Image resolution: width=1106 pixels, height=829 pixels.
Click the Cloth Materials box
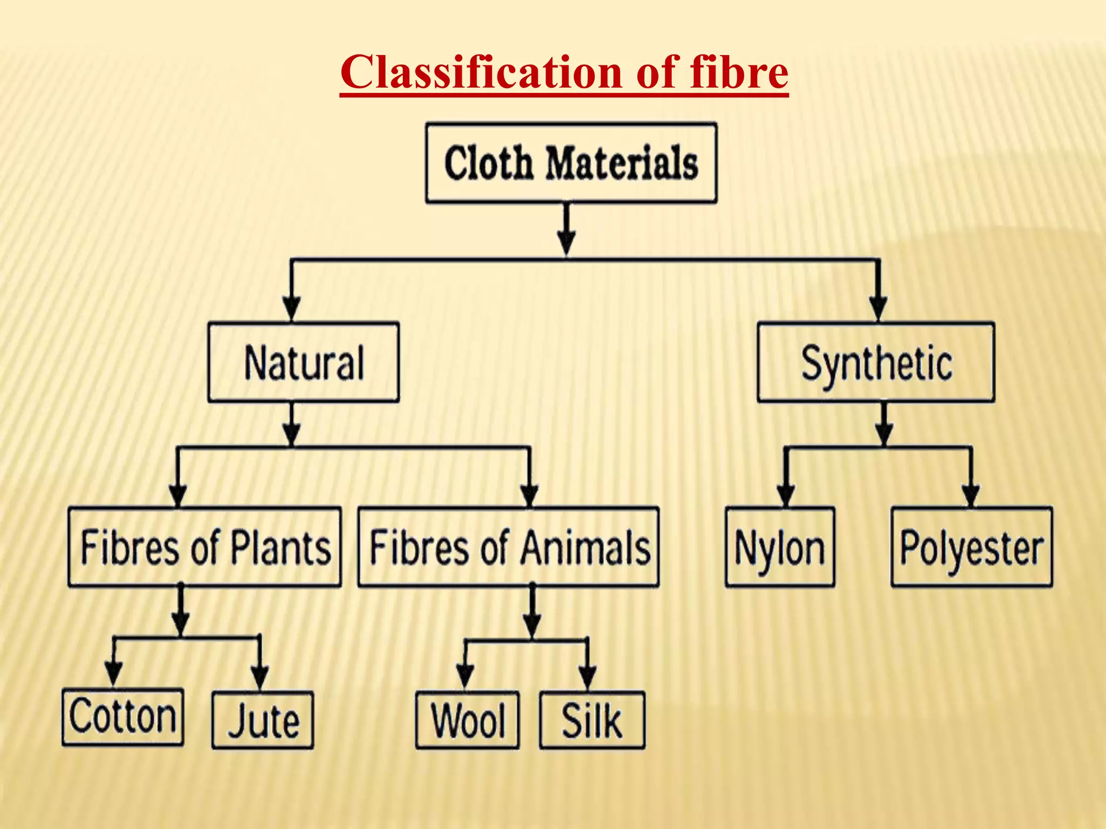point(571,163)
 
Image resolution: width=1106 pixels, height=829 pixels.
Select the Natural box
point(304,362)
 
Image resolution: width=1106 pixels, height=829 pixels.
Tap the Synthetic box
point(875,362)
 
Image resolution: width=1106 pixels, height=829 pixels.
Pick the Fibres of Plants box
point(205,547)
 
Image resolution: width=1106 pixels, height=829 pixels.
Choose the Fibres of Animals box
point(508,547)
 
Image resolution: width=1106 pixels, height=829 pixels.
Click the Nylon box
point(780,547)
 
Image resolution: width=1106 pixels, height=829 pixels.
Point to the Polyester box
point(972,547)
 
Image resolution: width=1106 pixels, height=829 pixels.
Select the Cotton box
point(123,717)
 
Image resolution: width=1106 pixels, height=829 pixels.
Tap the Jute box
point(262,720)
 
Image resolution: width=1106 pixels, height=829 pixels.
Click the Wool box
point(468,720)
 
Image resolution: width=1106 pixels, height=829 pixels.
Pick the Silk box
point(592,720)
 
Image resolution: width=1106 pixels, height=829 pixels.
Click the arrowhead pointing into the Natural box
point(292,309)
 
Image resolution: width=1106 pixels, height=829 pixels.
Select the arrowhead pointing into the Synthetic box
point(878,309)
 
